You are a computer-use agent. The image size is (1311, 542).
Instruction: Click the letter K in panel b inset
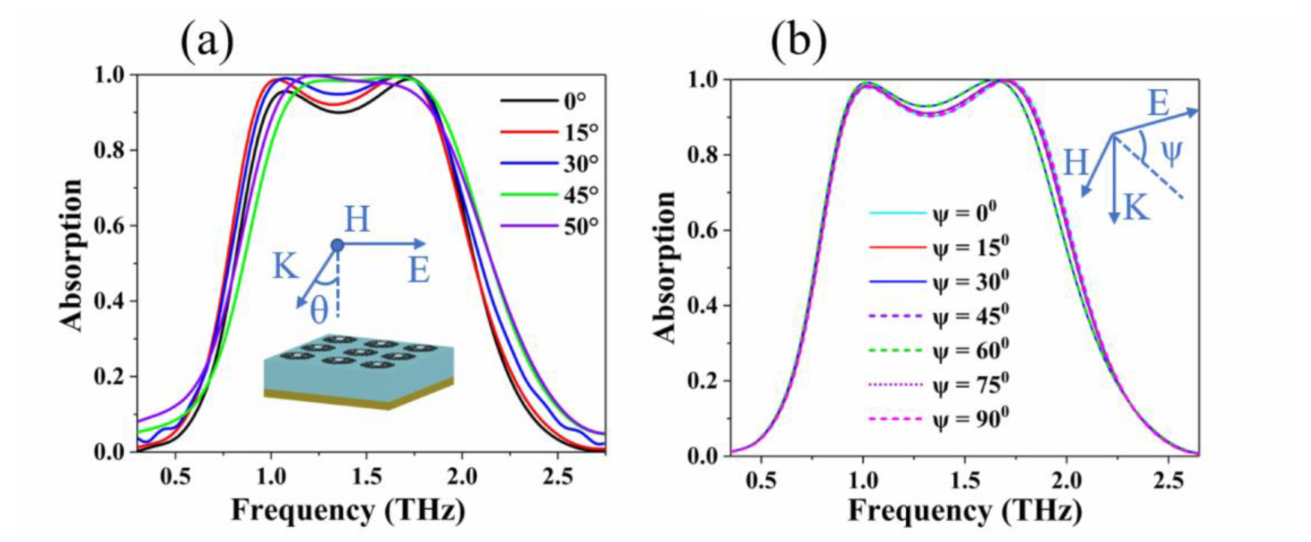click(x=1136, y=208)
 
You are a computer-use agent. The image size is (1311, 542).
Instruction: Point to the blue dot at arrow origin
click(x=337, y=245)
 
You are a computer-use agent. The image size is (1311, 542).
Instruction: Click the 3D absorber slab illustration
click(x=358, y=371)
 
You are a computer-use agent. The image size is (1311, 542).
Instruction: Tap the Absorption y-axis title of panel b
click(x=664, y=268)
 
